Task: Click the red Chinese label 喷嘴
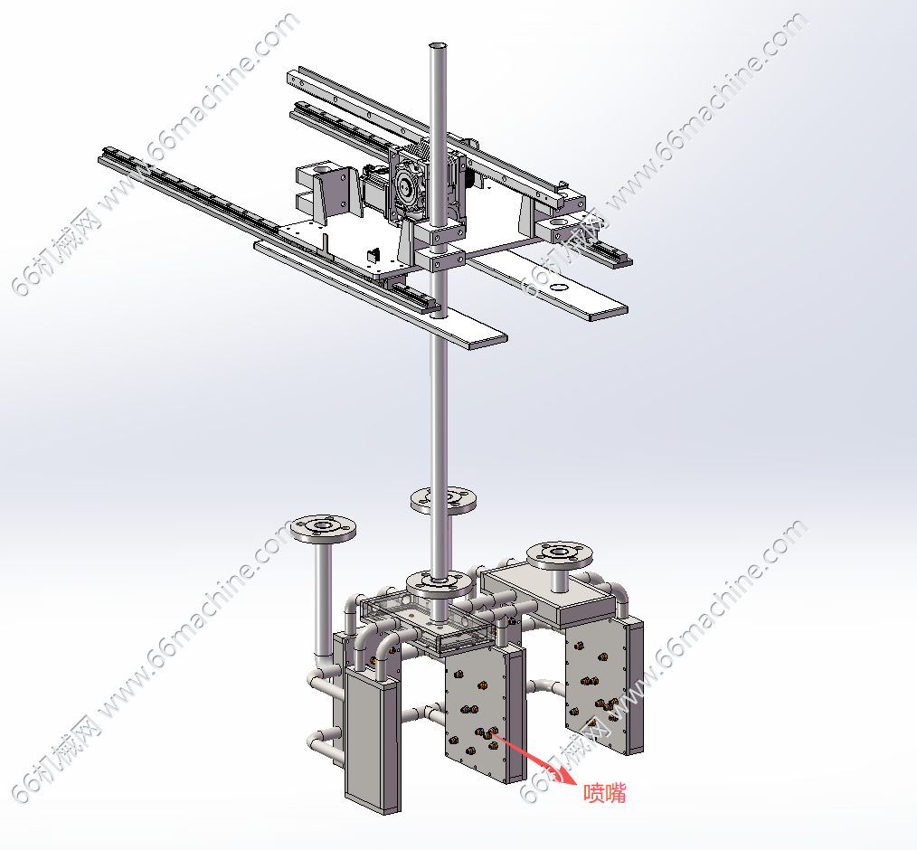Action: coord(605,793)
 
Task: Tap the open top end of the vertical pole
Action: coord(438,45)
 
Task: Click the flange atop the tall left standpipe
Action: coord(324,528)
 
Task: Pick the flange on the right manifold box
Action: coord(560,554)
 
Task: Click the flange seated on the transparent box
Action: coord(440,583)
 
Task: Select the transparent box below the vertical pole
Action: coord(428,624)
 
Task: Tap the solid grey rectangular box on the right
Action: coord(549,596)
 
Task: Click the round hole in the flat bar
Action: coord(560,287)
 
